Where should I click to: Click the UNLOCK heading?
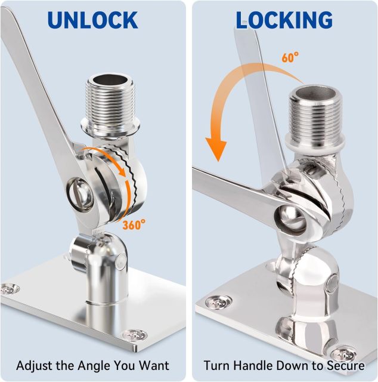click(93, 20)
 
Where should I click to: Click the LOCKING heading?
click(284, 20)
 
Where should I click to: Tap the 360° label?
click(134, 224)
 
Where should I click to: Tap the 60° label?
click(290, 57)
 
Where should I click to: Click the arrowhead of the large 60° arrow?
click(216, 149)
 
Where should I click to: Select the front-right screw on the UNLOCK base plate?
click(135, 335)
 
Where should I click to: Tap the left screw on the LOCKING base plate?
click(219, 302)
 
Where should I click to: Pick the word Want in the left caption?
click(154, 365)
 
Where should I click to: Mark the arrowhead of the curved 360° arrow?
click(122, 172)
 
